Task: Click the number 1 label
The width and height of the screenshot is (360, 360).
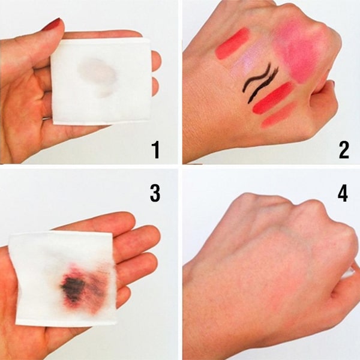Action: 156,150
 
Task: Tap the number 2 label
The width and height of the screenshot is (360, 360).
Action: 344,150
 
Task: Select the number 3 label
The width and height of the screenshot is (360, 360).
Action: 155,193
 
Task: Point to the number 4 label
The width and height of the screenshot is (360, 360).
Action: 343,193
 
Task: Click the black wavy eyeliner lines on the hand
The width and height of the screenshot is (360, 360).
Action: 260,82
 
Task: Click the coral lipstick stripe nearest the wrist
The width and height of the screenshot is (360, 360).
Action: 232,43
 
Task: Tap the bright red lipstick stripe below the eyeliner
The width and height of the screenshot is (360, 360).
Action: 272,98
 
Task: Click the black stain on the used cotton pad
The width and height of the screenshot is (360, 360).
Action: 73,288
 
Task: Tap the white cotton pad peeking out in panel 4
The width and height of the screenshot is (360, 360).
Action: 349,272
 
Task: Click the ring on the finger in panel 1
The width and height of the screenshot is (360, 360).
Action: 47,118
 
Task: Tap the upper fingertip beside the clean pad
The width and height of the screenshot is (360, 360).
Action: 157,61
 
